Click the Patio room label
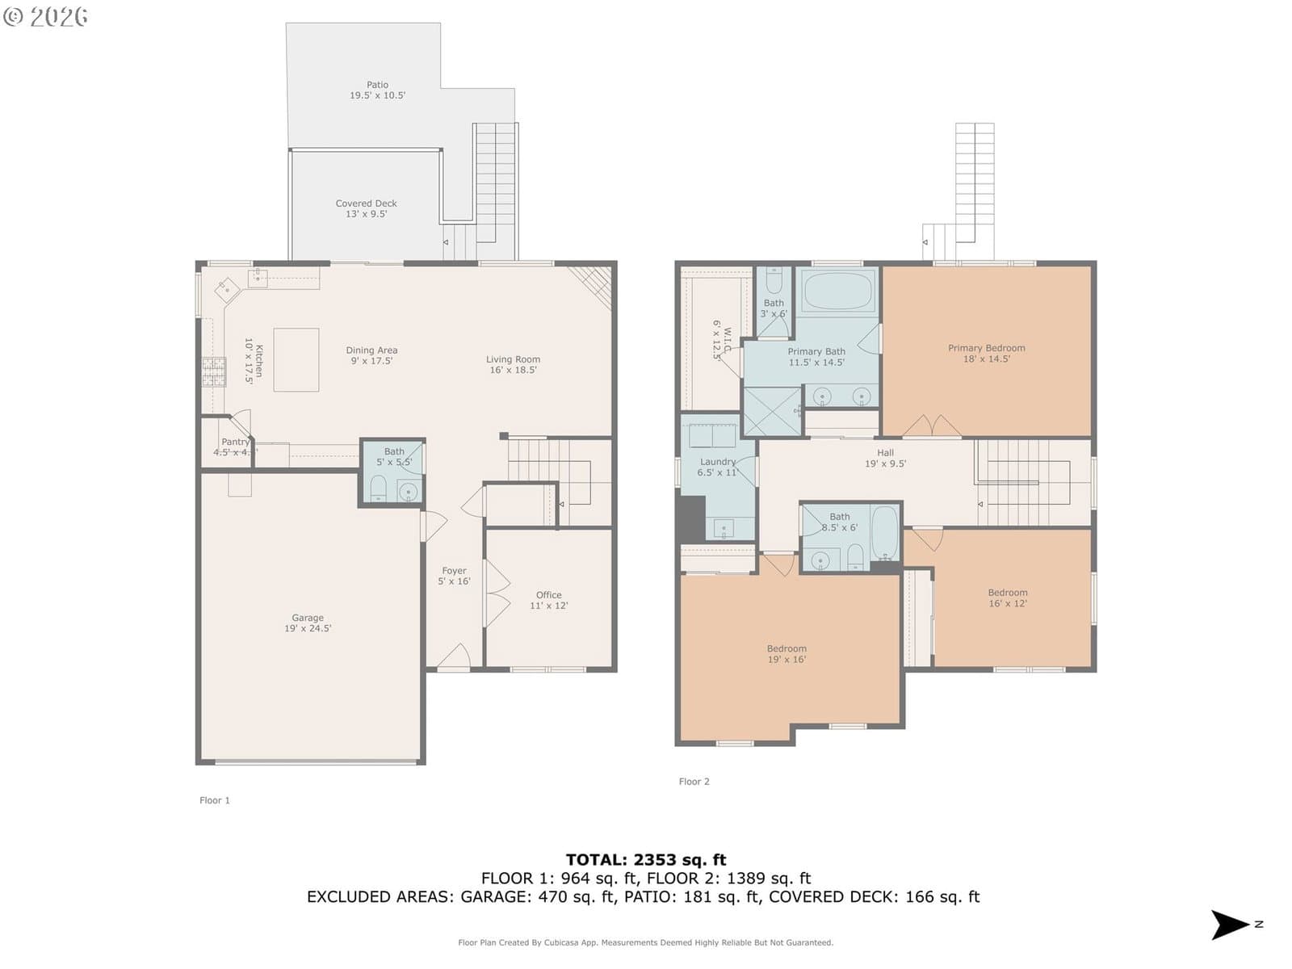[x=377, y=85]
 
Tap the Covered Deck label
[x=366, y=203]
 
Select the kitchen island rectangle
[x=296, y=359]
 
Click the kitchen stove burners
[x=214, y=371]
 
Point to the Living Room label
[x=513, y=359]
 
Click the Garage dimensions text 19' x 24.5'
[x=308, y=628]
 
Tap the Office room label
[x=548, y=595]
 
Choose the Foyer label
[x=454, y=571]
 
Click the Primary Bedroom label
[x=987, y=348]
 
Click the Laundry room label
[x=718, y=462]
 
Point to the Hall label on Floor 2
[x=885, y=452]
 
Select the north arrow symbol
[x=1230, y=925]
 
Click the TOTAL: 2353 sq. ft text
[x=646, y=859]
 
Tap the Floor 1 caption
[x=214, y=800]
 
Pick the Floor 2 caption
[x=694, y=782]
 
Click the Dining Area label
[x=371, y=350]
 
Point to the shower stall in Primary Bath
[x=773, y=411]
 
